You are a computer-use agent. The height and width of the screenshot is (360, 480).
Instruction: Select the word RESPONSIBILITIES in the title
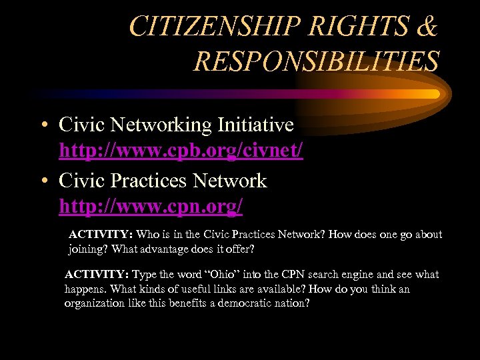316,61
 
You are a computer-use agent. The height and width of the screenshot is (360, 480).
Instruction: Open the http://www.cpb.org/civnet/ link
181,151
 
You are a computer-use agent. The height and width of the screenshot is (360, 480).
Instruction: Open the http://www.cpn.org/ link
151,207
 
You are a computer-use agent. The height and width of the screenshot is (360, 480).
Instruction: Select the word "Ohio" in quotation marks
224,275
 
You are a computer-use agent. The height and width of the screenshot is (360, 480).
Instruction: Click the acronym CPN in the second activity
291,275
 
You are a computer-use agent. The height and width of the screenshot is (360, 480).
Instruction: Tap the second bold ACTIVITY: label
97,275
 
